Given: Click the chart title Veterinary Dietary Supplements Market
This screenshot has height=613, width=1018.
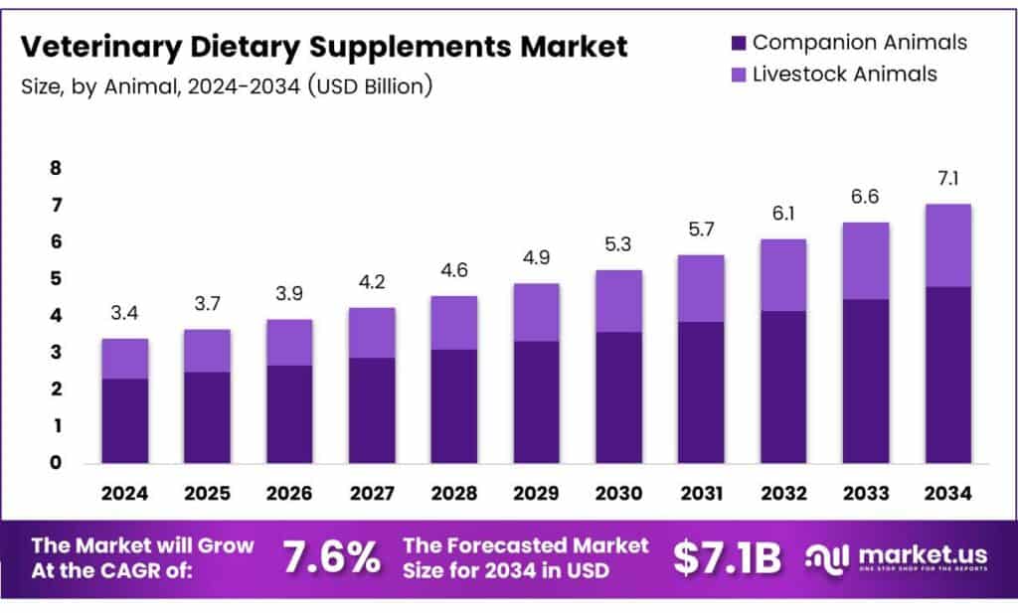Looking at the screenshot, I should point(324,46).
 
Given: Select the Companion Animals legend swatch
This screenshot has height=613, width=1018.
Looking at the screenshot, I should point(737,43).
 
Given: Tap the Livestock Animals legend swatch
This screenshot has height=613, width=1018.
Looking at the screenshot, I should point(737,74).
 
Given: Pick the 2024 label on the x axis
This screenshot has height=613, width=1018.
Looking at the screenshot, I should point(125,494).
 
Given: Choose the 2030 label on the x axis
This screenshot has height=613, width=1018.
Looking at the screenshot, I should point(617,494).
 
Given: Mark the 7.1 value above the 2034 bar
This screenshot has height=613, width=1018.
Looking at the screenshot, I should point(947,179).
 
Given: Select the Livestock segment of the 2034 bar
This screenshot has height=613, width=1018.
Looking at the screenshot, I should point(947,245).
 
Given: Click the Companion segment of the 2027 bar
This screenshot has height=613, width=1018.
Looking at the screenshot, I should point(371,409).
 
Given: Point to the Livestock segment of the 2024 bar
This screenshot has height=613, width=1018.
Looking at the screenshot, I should point(125,359).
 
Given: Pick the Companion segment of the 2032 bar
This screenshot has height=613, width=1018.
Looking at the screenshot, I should point(782,386).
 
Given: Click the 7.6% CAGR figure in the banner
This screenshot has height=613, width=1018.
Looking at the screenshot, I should point(332,558).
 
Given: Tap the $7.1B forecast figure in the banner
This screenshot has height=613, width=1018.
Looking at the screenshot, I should point(728,558).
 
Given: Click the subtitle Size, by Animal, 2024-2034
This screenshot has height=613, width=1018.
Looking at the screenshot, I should point(227,86).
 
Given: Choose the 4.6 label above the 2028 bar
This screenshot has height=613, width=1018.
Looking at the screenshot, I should point(453,271).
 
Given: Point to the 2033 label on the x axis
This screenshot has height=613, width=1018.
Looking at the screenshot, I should point(865,494).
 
